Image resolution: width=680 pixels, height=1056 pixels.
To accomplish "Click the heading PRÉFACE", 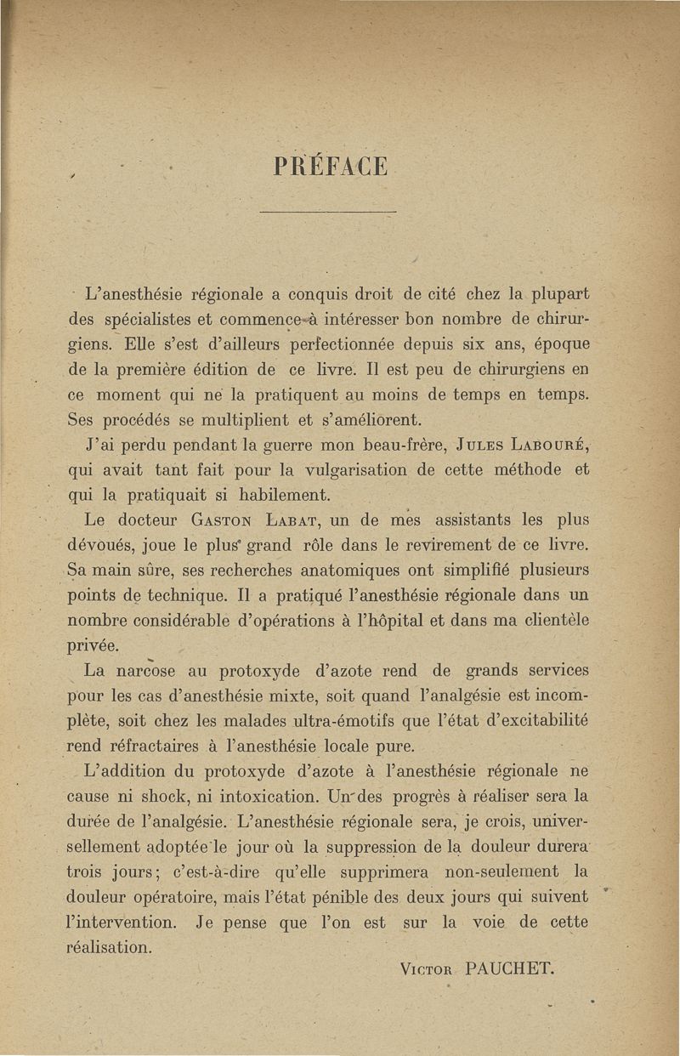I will click(x=331, y=163).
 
